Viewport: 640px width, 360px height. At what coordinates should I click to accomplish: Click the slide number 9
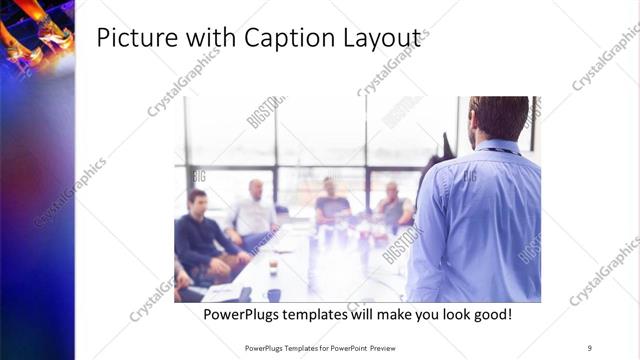tap(589, 347)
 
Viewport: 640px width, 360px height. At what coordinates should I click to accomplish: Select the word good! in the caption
tap(489, 314)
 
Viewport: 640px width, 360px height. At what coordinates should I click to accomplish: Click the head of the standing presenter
tap(498, 117)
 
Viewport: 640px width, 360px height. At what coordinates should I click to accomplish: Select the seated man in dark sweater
tap(199, 235)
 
